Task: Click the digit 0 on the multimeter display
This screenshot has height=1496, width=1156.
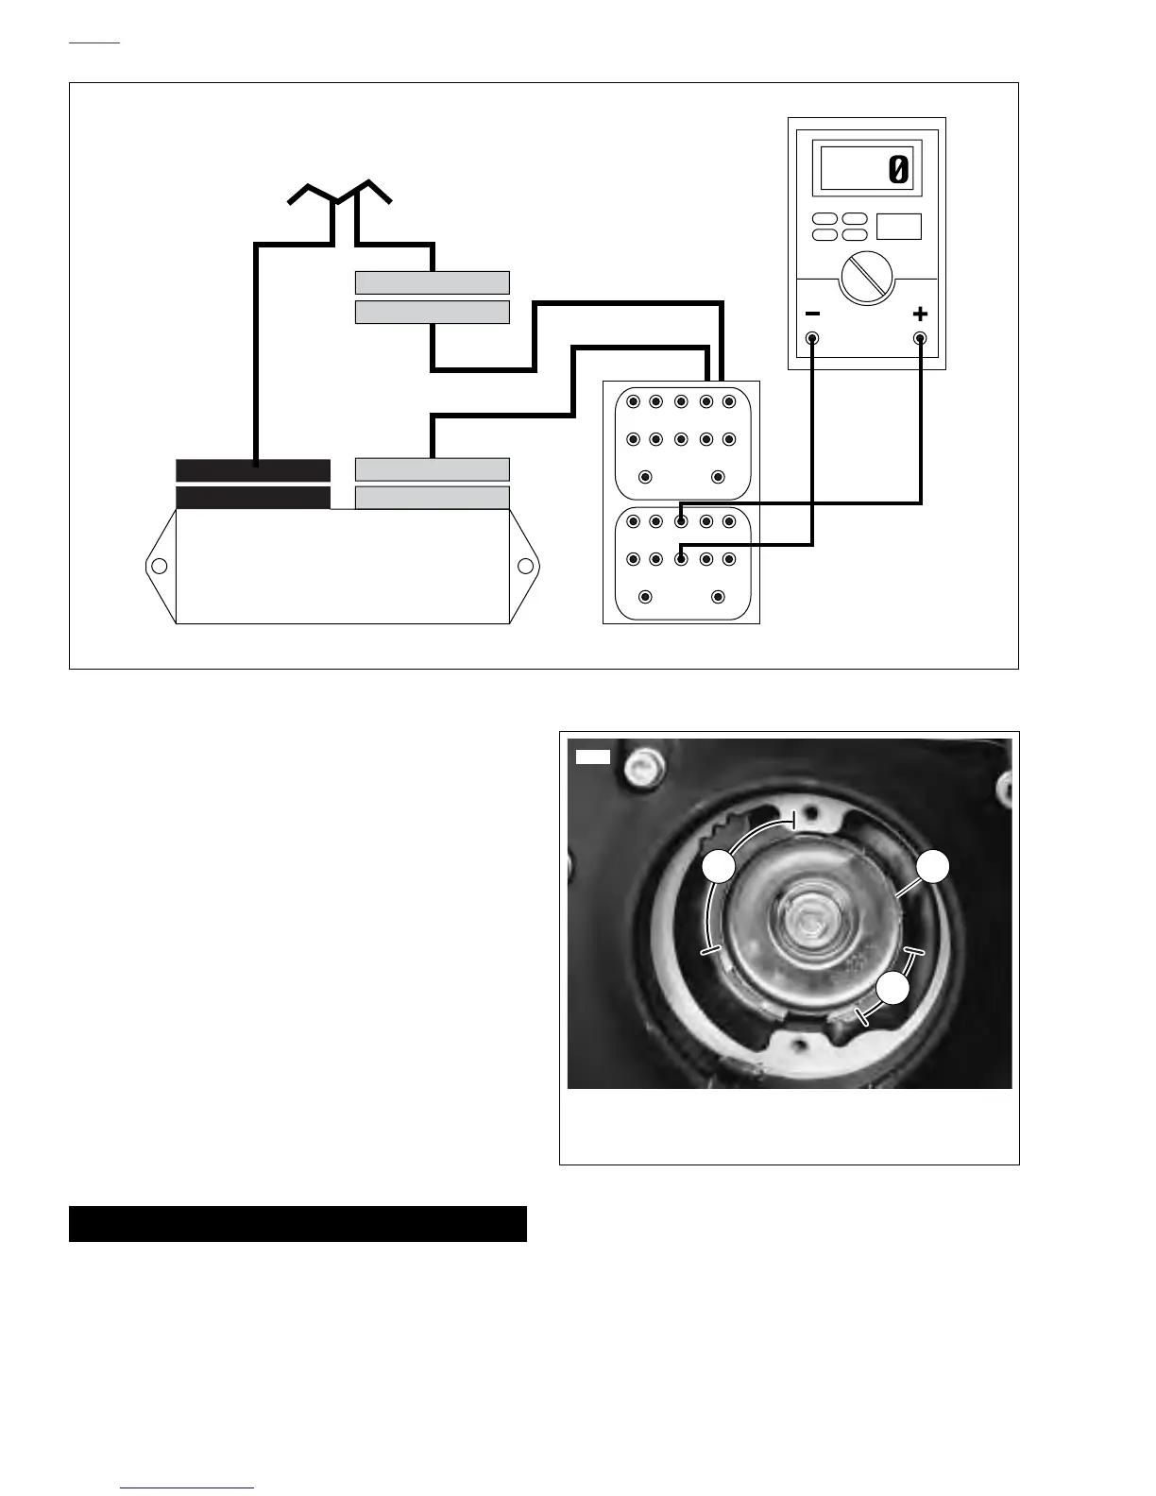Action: pos(898,170)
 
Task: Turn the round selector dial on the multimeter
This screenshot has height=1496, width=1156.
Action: pos(867,279)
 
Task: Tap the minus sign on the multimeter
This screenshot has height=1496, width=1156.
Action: pos(812,314)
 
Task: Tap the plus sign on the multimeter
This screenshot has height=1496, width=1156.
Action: pos(920,314)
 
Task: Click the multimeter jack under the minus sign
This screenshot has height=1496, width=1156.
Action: pos(812,338)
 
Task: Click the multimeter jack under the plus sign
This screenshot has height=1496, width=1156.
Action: pos(920,338)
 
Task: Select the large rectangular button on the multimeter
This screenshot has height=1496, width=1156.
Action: pos(898,227)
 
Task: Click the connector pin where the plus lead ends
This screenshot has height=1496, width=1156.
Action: pos(681,521)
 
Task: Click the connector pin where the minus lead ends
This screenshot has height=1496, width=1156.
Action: pos(681,559)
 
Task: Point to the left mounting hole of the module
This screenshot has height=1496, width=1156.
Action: pos(160,567)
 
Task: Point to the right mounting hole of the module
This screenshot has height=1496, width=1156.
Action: pos(526,567)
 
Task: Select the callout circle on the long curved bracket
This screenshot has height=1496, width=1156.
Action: pos(720,867)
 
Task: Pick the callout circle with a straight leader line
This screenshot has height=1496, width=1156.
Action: pos(932,867)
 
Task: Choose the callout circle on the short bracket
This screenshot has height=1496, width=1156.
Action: pos(892,989)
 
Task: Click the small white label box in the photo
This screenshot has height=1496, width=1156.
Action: pos(593,756)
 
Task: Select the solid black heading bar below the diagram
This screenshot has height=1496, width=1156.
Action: pos(297,1224)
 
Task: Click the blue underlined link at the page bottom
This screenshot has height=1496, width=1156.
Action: pos(188,1487)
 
